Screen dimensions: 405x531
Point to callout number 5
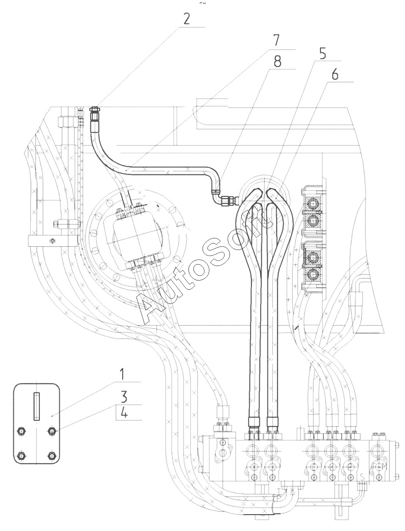[323, 53]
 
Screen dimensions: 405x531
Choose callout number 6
[335, 74]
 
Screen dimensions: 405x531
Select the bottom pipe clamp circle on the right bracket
[314, 273]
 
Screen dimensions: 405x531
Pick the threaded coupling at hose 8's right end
[229, 201]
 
